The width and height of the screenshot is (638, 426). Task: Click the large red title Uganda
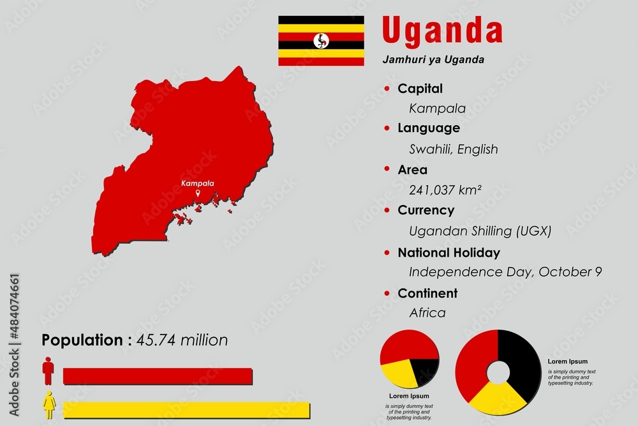441,31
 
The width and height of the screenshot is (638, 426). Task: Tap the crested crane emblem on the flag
321,41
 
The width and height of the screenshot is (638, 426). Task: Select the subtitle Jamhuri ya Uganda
433,60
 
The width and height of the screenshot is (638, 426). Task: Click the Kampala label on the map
198,183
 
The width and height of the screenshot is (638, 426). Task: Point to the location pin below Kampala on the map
198,194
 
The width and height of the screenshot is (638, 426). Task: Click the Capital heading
420,89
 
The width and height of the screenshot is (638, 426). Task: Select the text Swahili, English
453,149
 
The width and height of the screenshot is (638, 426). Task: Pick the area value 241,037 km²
445,190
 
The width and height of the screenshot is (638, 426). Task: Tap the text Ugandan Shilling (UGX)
480,231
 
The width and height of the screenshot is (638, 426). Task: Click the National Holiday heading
449,253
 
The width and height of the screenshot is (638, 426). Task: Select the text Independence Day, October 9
505,272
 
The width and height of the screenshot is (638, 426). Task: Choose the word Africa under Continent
427,313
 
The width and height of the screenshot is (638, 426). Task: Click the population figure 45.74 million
181,340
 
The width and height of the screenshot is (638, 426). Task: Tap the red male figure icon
48,370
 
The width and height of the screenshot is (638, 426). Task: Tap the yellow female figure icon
48,404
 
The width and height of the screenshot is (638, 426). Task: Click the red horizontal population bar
158,376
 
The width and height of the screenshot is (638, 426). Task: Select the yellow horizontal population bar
186,409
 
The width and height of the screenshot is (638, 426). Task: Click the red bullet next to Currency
387,210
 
